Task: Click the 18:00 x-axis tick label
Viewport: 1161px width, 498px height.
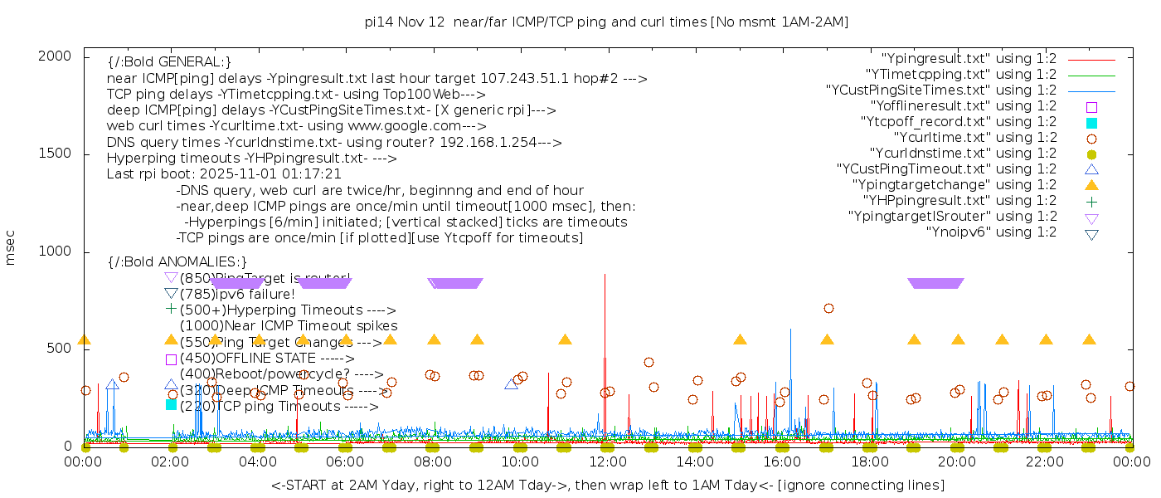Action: click(870, 461)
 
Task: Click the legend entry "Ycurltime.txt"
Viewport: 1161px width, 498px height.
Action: click(974, 137)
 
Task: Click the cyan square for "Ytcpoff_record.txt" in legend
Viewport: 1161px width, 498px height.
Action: click(1091, 122)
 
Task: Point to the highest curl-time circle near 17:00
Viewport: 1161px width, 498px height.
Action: click(828, 309)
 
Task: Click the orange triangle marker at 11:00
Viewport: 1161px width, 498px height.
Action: click(565, 339)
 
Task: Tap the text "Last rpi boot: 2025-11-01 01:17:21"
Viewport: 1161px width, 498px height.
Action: click(224, 174)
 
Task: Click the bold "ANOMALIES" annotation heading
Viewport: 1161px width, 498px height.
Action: click(177, 261)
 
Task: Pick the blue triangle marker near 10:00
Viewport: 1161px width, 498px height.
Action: click(512, 383)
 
